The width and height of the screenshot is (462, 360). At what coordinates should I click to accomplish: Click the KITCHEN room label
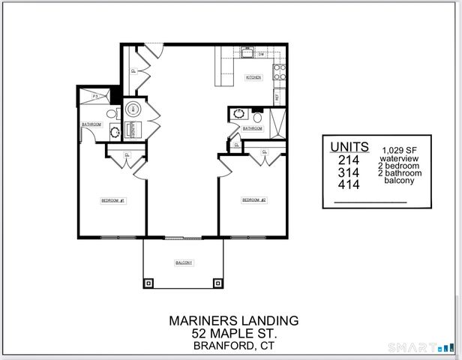[253, 76]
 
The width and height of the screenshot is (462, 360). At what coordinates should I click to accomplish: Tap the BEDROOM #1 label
[113, 201]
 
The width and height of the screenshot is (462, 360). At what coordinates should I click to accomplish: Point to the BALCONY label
[184, 262]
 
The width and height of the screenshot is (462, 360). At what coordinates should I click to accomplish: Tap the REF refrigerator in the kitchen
[277, 97]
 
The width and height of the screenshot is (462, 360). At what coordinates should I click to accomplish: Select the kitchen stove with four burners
[278, 72]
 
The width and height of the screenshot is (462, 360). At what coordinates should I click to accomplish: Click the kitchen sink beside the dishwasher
[246, 54]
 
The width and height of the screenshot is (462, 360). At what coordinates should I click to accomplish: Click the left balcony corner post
[149, 283]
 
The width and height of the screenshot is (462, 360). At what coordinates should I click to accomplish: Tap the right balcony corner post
[218, 283]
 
